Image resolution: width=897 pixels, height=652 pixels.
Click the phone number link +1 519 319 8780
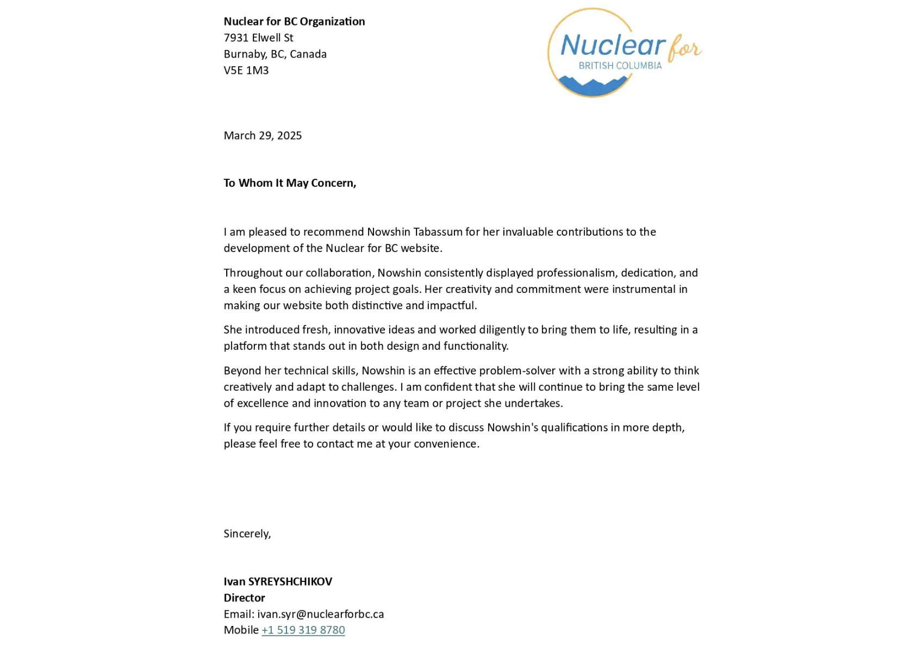[x=303, y=630]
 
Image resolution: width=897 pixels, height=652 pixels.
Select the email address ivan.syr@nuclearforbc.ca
[x=320, y=614]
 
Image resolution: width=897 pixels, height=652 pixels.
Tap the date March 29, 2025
[x=263, y=136]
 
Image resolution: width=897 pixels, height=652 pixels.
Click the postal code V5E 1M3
[x=246, y=71]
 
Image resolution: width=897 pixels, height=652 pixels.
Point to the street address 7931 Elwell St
[x=258, y=38]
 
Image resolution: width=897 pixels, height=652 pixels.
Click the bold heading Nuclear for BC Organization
[x=294, y=22]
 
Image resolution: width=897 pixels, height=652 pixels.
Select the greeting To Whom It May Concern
[x=290, y=183]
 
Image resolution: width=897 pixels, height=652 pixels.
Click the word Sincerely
[x=247, y=534]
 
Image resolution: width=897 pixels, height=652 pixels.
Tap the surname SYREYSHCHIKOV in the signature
[x=290, y=581]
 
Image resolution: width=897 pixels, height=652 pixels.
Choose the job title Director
[x=244, y=598]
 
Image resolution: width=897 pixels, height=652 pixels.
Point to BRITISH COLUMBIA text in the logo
[x=620, y=66]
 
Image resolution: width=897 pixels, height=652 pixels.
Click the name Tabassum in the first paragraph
[x=438, y=232]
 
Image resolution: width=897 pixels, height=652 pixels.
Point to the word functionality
[x=475, y=346]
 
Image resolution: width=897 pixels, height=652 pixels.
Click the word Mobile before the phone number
[x=241, y=630]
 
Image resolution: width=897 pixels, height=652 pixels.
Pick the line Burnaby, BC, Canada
[x=275, y=54]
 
